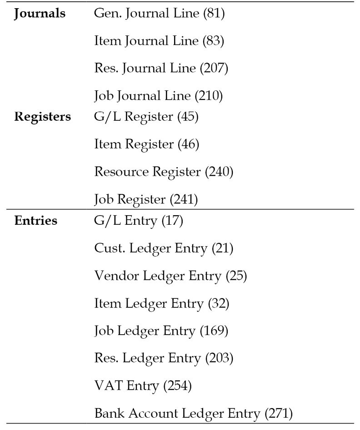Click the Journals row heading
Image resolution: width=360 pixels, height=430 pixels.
tap(40, 14)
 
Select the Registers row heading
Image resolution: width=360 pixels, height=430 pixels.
tap(43, 117)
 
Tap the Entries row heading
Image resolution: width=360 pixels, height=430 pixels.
tap(36, 221)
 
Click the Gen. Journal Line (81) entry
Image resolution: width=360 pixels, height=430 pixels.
tap(159, 14)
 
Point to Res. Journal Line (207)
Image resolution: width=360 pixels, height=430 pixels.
tap(161, 69)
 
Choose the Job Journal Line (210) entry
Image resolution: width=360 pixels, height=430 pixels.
tap(158, 96)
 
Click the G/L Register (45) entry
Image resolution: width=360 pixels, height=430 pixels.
tap(146, 117)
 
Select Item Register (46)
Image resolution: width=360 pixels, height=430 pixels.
tap(147, 144)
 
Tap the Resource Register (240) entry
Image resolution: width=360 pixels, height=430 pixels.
tap(164, 172)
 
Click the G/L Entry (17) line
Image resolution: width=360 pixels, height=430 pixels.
tap(138, 221)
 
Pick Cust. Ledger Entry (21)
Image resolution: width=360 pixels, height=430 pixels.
tap(164, 248)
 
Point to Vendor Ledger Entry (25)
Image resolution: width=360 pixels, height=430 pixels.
tap(170, 276)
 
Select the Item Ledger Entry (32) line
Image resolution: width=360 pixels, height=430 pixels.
tap(161, 304)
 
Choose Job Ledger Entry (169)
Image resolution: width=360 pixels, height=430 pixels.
tap(161, 331)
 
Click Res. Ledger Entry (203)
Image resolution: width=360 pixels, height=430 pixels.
tap(164, 358)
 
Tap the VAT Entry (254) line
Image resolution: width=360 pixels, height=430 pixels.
tap(143, 386)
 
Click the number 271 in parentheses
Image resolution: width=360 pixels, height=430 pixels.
tap(279, 413)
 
